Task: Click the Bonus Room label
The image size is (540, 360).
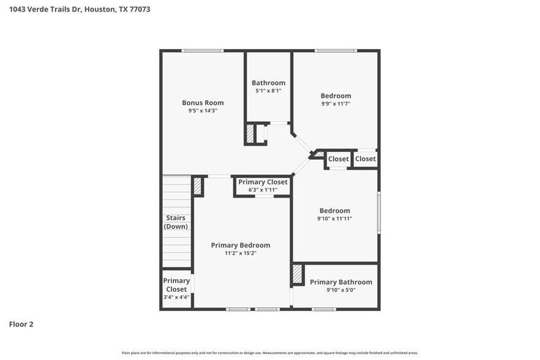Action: point(203,103)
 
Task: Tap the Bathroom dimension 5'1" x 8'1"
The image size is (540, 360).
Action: point(268,91)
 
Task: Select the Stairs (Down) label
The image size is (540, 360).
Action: point(176,222)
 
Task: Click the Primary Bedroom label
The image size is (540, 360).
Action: point(240,245)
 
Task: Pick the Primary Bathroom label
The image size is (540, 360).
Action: point(340,282)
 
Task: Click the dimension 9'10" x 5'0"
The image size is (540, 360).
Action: point(340,290)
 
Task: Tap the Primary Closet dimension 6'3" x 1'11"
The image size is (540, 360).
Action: point(263,190)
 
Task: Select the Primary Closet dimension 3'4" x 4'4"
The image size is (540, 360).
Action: point(176,298)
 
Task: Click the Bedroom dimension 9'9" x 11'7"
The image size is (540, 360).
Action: point(336,104)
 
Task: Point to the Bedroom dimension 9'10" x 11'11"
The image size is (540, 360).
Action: point(334,219)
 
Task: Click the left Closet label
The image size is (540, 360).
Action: point(339,159)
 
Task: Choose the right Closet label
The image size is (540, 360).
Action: point(366,159)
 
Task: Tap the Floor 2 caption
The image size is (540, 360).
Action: point(21,324)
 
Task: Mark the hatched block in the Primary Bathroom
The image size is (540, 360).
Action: point(298,274)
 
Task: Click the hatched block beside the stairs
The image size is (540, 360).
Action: point(198,186)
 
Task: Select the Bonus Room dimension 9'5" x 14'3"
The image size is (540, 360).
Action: point(203,111)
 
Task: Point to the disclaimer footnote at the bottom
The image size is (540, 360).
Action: point(270,353)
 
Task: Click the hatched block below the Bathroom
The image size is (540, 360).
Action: point(250,134)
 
